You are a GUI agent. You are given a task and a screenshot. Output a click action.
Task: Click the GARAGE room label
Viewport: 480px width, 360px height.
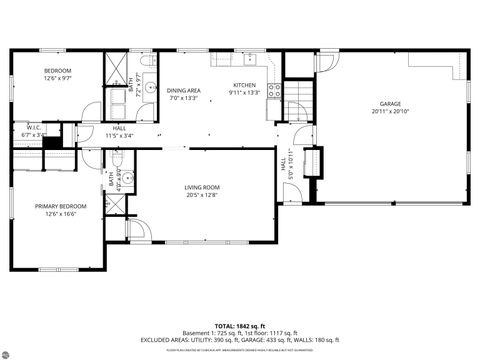click(389, 103)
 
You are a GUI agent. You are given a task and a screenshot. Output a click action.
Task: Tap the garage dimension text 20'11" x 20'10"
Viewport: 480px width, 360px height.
click(389, 111)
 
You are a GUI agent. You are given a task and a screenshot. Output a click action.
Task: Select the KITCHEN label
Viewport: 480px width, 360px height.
click(245, 86)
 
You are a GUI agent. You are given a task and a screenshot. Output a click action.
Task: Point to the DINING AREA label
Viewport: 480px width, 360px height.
click(184, 90)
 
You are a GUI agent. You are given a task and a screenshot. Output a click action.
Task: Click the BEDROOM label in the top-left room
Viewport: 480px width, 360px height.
click(57, 70)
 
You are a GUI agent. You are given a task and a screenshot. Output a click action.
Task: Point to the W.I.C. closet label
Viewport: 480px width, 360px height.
click(32, 128)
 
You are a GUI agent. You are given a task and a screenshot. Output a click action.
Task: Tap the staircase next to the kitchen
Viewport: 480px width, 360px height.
click(298, 98)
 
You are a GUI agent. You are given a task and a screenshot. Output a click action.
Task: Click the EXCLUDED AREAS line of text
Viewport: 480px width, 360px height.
click(239, 340)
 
